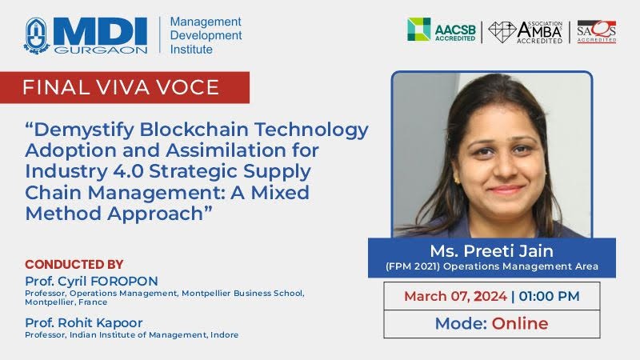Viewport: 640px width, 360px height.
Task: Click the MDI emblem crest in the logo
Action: pyautogui.click(x=37, y=36)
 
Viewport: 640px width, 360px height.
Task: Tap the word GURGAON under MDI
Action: pyautogui.click(x=101, y=50)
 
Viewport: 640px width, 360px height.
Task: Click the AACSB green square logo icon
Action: pyautogui.click(x=418, y=29)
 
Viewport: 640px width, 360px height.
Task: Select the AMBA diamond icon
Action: pyautogui.click(x=502, y=32)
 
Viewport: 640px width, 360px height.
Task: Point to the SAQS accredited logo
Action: pyautogui.click(x=596, y=32)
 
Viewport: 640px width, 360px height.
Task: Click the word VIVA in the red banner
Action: pyautogui.click(x=122, y=87)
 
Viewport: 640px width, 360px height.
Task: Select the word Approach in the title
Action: pyautogui.click(x=155, y=214)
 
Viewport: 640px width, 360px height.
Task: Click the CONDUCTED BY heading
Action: pyautogui.click(x=74, y=265)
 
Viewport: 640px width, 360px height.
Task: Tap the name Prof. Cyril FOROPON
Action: pyautogui.click(x=91, y=282)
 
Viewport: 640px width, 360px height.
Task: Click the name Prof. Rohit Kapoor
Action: pyautogui.click(x=84, y=323)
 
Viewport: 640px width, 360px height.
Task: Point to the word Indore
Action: pyautogui.click(x=225, y=335)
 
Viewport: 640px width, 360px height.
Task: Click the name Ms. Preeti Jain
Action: pyautogui.click(x=491, y=250)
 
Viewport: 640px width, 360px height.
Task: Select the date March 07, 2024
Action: pyautogui.click(x=455, y=296)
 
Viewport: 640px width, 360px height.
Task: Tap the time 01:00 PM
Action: pyautogui.click(x=549, y=296)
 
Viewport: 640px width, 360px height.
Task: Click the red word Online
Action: pyautogui.click(x=520, y=324)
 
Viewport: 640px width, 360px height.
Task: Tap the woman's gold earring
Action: pyautogui.click(x=456, y=178)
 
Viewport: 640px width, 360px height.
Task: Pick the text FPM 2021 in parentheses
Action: pyautogui.click(x=413, y=266)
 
